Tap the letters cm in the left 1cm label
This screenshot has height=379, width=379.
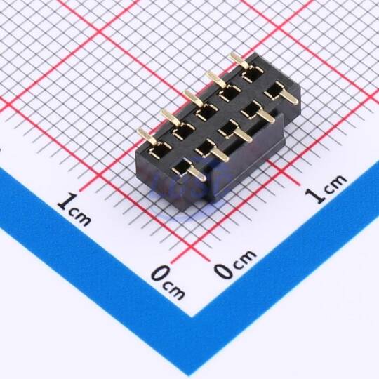(80, 216)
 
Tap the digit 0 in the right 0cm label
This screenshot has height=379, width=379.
(224, 270)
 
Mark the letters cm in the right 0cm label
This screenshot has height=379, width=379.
(244, 258)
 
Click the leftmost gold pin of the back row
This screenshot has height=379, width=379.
(145, 137)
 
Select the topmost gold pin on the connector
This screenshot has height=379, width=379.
(239, 60)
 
